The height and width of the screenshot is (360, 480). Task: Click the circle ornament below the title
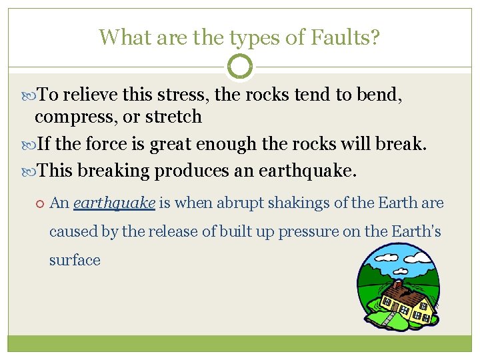[240, 67]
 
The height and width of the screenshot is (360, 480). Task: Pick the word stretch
[171, 117]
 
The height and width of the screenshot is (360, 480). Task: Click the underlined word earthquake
[114, 203]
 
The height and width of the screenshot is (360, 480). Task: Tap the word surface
[75, 260]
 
